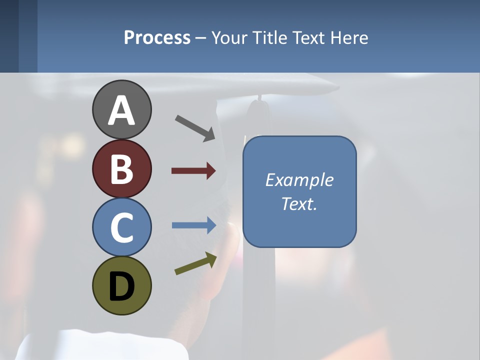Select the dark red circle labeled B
121,169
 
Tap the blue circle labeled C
121,226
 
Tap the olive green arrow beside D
195,264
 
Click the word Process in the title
157,37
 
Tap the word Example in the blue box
299,180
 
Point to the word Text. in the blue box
299,204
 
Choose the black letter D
121,286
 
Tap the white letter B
121,169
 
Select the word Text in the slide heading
309,37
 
